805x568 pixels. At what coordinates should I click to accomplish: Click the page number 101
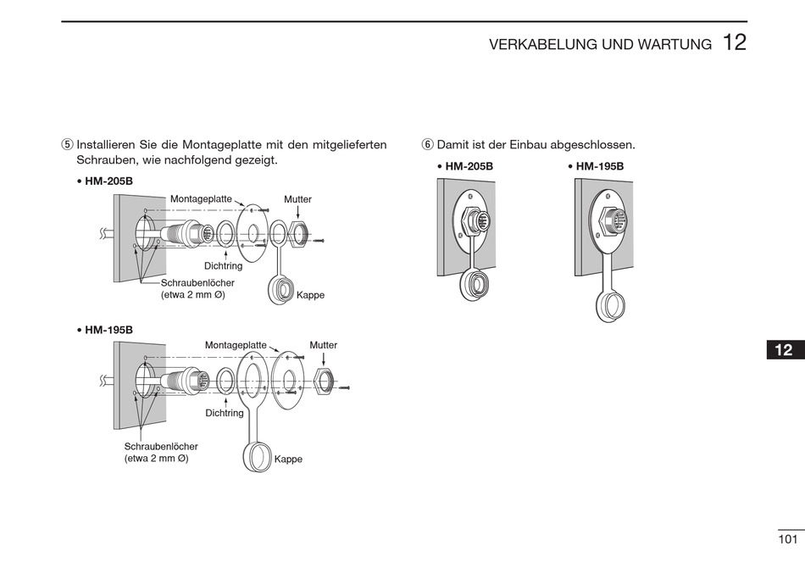(x=788, y=539)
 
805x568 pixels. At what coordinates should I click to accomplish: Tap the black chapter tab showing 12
(x=785, y=350)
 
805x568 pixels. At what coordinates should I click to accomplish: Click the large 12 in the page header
(x=735, y=43)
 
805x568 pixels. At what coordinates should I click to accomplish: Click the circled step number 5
(x=68, y=145)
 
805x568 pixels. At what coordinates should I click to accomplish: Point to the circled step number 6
(x=427, y=145)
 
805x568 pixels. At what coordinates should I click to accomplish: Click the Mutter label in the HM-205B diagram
(x=297, y=199)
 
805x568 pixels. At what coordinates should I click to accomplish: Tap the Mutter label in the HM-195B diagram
(x=323, y=345)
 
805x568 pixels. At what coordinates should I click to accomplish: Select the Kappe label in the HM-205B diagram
(x=310, y=295)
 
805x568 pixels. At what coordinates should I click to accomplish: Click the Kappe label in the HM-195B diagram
(x=288, y=459)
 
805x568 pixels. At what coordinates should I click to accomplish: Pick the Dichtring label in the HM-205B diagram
(x=224, y=265)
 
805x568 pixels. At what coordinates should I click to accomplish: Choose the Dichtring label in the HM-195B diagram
(x=225, y=413)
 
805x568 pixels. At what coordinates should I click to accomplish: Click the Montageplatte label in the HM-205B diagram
(x=201, y=198)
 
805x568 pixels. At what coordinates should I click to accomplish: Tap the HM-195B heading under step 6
(x=600, y=166)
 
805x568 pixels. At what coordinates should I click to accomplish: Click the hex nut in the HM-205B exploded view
(x=298, y=232)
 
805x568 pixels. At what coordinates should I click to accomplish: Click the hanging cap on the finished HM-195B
(x=609, y=307)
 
